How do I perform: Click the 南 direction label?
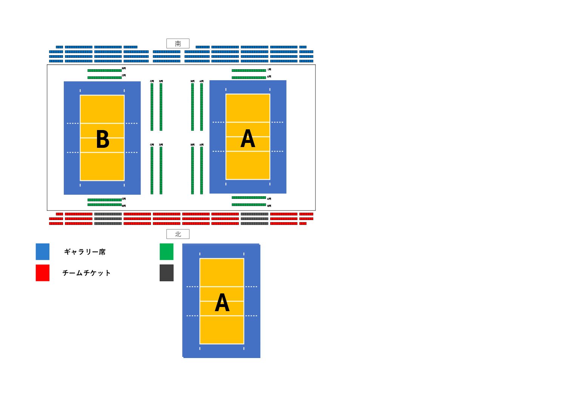178,43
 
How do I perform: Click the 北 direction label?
178,234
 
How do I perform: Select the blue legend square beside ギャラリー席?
43,252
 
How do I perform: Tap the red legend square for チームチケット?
43,273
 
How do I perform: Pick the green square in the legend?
166,252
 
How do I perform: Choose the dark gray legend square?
166,273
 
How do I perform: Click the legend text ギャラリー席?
85,252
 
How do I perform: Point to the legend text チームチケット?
86,273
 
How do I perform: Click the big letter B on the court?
103,140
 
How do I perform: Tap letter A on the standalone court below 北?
222,303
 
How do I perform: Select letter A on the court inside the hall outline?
248,139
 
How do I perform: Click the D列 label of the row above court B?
124,68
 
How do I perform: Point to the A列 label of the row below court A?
269,198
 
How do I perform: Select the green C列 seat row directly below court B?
105,200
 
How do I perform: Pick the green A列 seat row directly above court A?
249,78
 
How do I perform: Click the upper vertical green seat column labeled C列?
152,107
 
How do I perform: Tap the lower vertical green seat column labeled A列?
202,171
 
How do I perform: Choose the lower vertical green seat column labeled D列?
161,171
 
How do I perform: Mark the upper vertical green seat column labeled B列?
192,107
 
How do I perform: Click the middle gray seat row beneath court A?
254,219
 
